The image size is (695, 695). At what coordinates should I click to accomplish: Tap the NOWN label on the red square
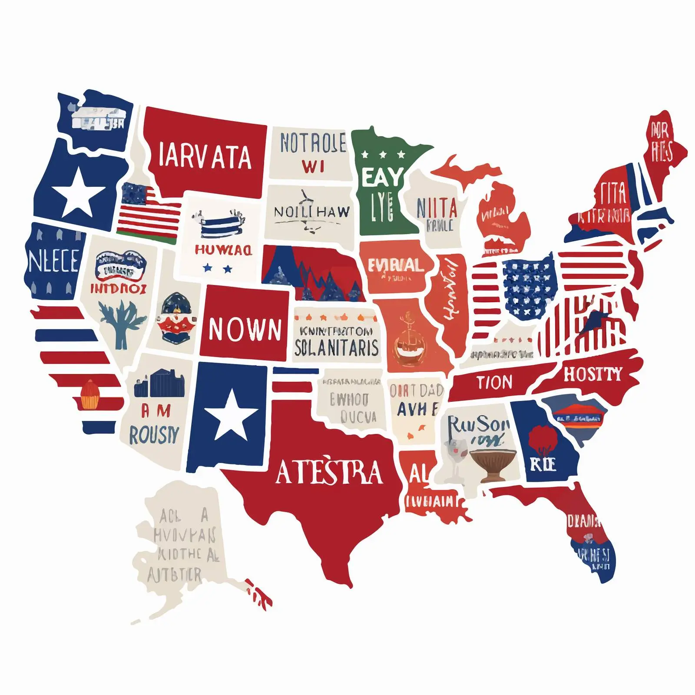pos(245,329)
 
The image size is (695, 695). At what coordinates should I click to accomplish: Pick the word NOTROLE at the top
pos(313,143)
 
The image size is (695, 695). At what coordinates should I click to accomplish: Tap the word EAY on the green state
pos(382,177)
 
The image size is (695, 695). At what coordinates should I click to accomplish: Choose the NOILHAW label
pos(311,212)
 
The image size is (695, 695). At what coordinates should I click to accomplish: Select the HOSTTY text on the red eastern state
pos(593,374)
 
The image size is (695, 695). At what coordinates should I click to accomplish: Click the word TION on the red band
pos(494,382)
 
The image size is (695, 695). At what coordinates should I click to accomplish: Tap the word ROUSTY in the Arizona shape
pos(154,434)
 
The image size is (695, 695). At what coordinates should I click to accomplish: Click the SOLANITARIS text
pos(336,347)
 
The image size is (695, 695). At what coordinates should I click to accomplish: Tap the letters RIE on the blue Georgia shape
pos(543,464)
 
